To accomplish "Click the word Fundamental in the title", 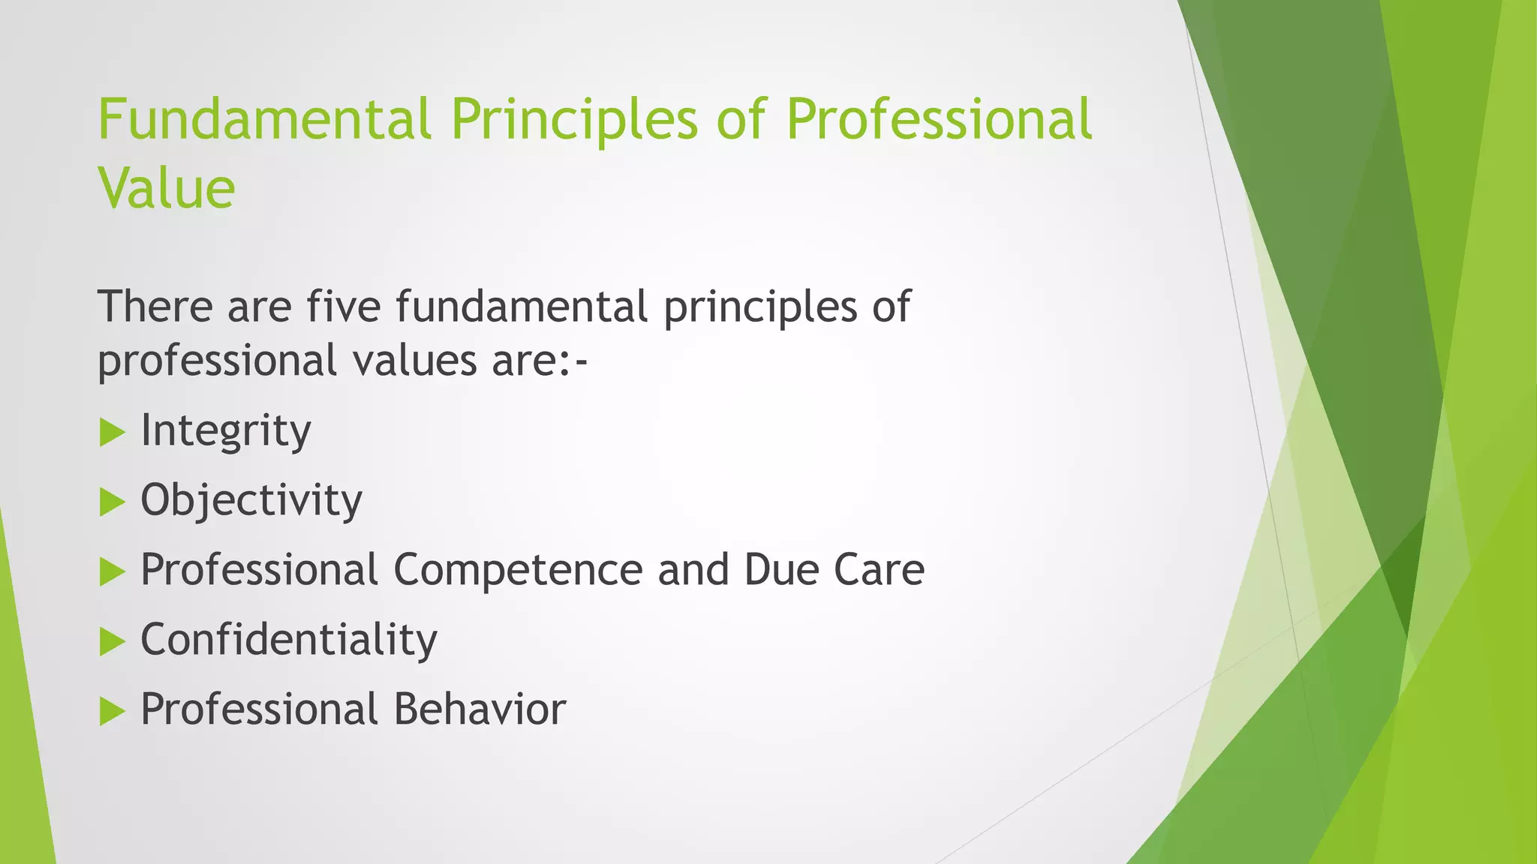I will coord(264,120).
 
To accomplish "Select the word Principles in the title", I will coord(574,120).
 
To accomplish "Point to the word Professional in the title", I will coord(938,120).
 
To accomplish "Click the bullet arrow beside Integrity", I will coord(111,432).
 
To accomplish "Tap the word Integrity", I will coord(225,431).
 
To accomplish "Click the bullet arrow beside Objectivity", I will coord(111,502).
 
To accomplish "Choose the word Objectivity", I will coord(251,501).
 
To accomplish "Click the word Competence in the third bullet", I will coord(518,570).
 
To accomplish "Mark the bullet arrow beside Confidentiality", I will coord(111,641).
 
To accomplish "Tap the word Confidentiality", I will coord(289,640).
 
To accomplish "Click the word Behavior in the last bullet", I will coord(480,709).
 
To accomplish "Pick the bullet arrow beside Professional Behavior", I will coord(111,711).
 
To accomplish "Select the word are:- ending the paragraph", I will coord(540,361).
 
